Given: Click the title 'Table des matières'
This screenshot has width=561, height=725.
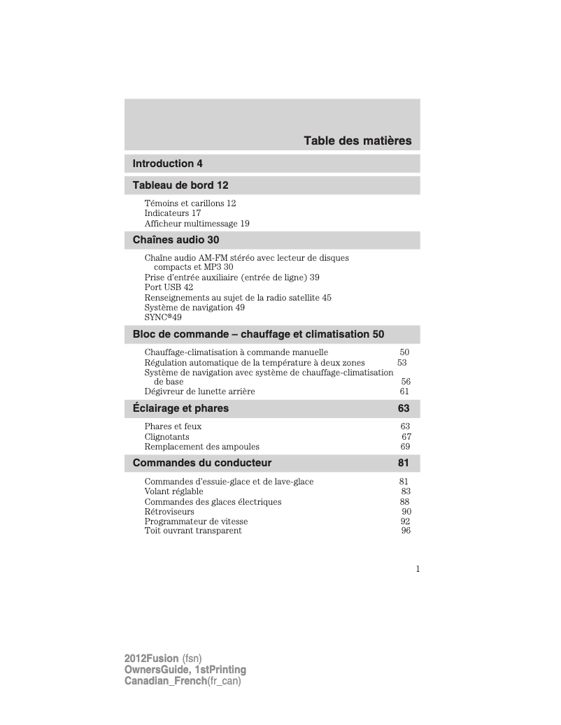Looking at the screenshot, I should (357, 141).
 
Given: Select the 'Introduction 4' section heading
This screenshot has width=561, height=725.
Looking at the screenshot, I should (168, 164).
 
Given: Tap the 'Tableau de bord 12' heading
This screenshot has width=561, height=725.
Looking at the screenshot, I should (180, 185).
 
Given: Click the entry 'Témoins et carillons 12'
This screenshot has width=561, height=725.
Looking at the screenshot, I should (190, 203).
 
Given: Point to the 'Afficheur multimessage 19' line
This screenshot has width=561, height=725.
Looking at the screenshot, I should (197, 224).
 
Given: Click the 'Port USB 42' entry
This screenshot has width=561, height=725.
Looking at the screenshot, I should (169, 287).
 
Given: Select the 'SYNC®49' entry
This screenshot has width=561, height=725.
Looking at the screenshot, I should (162, 317).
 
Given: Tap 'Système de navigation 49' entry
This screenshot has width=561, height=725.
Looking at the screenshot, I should (194, 307).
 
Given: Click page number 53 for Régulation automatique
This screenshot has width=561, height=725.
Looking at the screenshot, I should (402, 363).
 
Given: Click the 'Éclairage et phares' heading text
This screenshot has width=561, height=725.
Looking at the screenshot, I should (180, 408).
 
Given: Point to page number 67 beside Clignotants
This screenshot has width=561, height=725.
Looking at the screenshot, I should (406, 437).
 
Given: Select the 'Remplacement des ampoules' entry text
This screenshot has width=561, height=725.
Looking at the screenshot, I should (201, 447).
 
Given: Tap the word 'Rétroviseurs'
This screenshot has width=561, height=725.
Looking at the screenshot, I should (169, 512).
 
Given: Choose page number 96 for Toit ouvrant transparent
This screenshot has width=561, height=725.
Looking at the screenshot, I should (406, 531).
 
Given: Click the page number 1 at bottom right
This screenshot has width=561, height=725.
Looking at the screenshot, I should (418, 569).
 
